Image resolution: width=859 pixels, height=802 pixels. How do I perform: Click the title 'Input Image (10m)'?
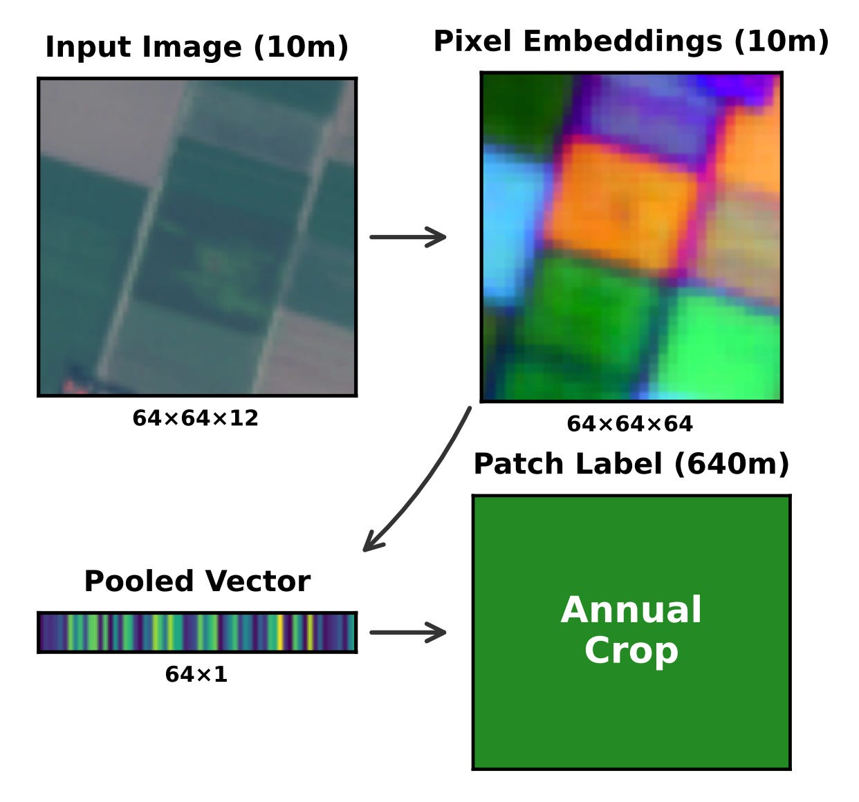196,47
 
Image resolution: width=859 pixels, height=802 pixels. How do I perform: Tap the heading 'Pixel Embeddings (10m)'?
631,41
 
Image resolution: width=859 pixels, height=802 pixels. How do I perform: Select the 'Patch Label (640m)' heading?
631,464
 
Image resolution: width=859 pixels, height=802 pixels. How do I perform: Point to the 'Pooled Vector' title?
197,581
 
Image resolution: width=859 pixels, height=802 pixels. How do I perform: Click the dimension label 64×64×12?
195,418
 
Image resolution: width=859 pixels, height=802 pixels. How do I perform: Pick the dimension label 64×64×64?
629,424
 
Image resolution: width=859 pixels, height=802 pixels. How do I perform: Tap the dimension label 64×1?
196,674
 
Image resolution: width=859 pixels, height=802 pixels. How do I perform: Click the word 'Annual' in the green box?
631,610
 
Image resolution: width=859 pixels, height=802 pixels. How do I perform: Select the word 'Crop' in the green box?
631,651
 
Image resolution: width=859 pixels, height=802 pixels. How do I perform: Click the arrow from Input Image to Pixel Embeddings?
408,237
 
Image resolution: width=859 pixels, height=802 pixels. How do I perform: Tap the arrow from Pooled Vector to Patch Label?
408,632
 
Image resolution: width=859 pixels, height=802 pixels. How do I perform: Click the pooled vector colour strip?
197,632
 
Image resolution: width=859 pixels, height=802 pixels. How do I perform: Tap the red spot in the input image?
68,386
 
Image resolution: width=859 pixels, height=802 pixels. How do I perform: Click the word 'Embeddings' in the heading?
623,41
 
